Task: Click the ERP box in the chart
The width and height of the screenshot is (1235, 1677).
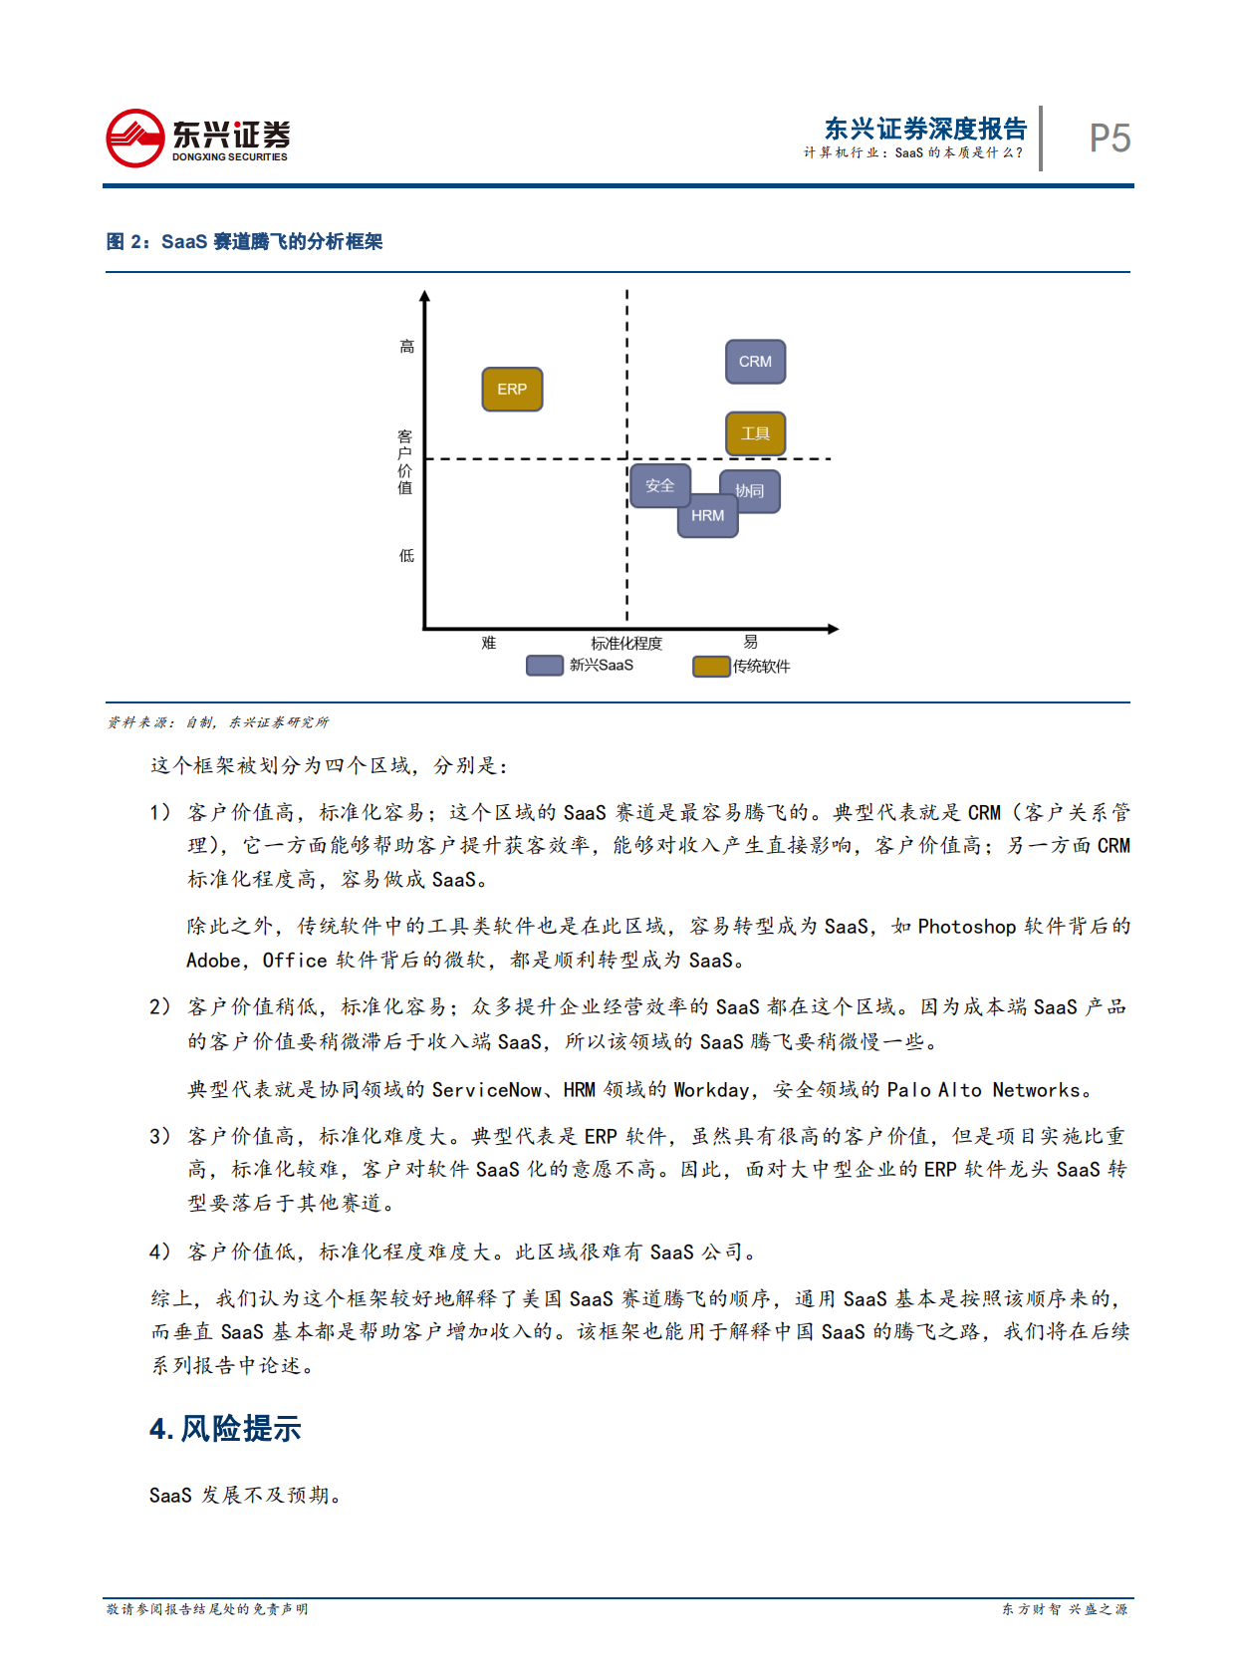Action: tap(512, 390)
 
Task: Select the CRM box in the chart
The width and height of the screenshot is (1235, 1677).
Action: tap(755, 362)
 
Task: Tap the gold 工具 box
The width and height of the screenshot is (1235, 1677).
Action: tap(755, 433)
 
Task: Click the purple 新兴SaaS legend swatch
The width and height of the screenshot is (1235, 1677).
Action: tap(545, 666)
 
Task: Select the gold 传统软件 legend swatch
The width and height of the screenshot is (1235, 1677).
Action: tap(711, 667)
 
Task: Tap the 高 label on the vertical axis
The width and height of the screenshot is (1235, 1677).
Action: tap(406, 347)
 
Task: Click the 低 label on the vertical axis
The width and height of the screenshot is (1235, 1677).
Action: tap(406, 556)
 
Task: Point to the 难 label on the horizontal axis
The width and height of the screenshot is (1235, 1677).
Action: tap(488, 644)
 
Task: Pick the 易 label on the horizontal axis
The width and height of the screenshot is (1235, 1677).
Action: tap(750, 643)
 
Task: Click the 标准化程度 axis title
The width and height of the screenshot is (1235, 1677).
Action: tap(625, 644)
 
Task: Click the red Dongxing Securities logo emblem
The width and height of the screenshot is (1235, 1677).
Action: tap(135, 139)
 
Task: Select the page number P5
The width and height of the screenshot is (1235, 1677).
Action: tap(1110, 139)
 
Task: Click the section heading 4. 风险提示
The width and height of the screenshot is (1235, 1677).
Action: tap(225, 1429)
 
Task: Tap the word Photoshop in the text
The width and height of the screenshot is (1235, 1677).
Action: tap(966, 927)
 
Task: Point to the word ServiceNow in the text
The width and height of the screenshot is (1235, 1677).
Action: tap(486, 1090)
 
